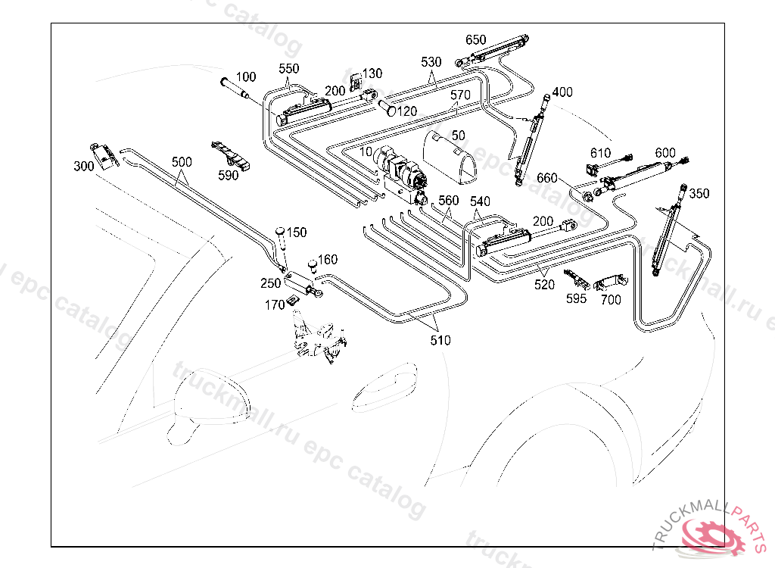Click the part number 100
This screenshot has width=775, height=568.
click(x=247, y=77)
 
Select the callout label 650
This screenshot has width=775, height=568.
click(x=476, y=39)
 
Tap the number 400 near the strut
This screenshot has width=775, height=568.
click(x=562, y=92)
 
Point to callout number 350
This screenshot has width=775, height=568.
click(x=699, y=194)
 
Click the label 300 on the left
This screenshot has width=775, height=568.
click(x=83, y=166)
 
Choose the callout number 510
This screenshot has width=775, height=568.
click(x=440, y=340)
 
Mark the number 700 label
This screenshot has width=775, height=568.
click(x=611, y=300)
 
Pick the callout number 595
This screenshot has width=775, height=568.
click(x=576, y=298)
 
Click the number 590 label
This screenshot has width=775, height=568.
click(x=228, y=175)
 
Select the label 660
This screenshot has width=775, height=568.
click(x=547, y=178)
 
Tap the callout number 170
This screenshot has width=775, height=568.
click(x=275, y=305)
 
